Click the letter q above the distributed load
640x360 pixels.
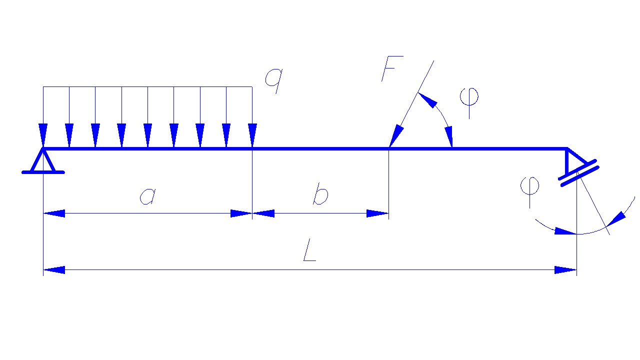tap(273, 80)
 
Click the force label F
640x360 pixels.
tap(391, 68)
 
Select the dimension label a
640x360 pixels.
tap(147, 195)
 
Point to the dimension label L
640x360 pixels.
tap(310, 253)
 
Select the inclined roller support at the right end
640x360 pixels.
tap(576, 168)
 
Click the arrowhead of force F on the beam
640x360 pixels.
tap(396, 136)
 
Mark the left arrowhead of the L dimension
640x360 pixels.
tap(54, 270)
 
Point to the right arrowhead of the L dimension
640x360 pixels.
tap(566, 270)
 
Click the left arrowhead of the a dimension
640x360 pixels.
tap(54, 213)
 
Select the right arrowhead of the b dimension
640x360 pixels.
tap(377, 213)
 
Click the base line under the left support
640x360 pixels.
tap(43, 172)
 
